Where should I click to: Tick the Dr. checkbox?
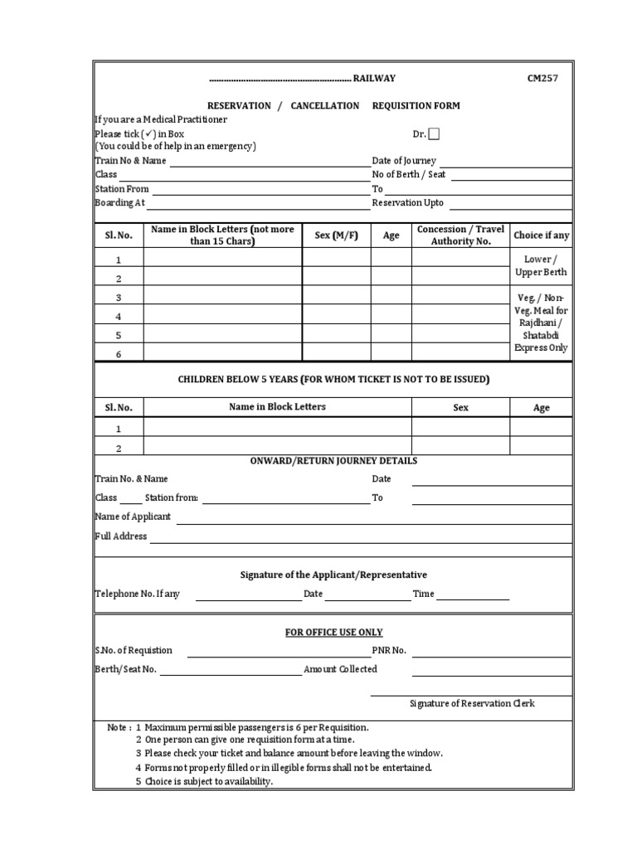(435, 134)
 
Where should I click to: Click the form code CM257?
(542, 79)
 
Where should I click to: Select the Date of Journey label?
(404, 161)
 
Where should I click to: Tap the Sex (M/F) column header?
(336, 235)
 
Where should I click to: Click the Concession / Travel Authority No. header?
(460, 235)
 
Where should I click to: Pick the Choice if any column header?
(541, 235)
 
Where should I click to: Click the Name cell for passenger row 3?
(222, 297)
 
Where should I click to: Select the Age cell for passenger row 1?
(391, 260)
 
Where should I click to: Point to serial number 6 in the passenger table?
(119, 353)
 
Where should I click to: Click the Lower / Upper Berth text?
(541, 266)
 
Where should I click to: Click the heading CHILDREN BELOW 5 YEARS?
(333, 380)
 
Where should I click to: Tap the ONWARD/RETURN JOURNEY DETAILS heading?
(333, 461)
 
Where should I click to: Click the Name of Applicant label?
(133, 517)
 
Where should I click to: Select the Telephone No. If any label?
(137, 594)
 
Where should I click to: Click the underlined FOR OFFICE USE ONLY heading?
(333, 633)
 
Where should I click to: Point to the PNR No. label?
(389, 651)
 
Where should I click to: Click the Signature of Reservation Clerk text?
(472, 704)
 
